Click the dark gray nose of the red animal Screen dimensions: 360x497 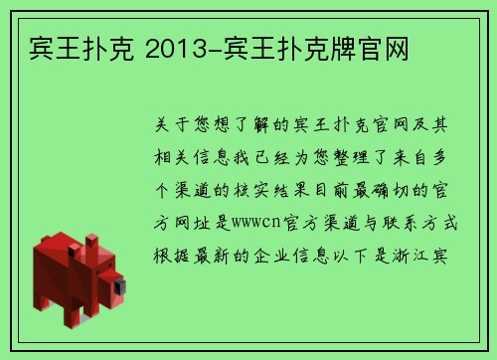point(121,288)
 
